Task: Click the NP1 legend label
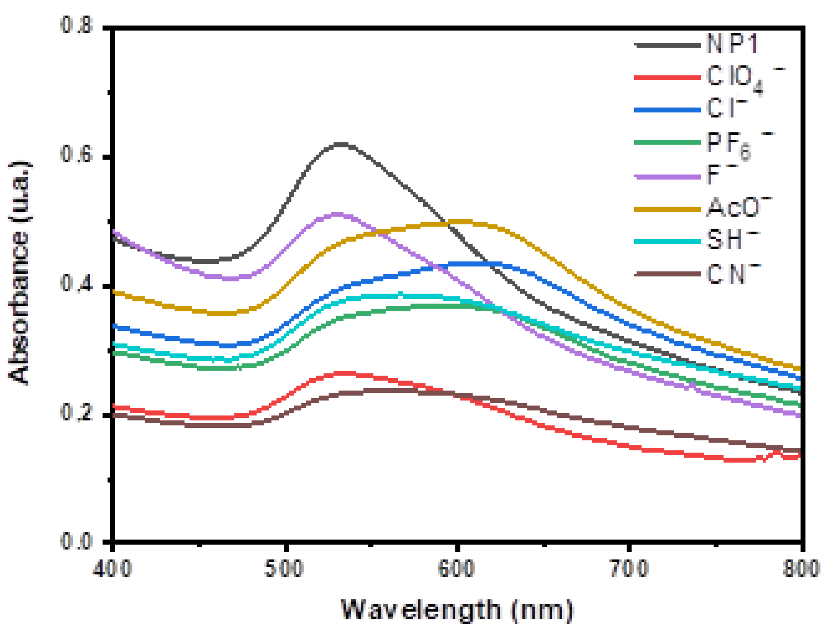pyautogui.click(x=732, y=43)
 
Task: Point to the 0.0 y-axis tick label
pyautogui.click(x=76, y=541)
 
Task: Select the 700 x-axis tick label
pyautogui.click(x=629, y=568)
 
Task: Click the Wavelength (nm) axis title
pyautogui.click(x=457, y=610)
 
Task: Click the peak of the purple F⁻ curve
pyautogui.click(x=337, y=215)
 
